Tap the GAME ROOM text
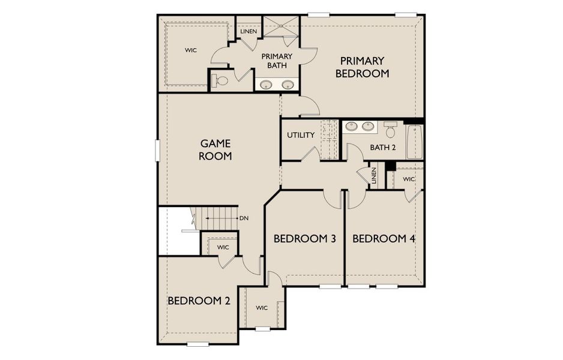pyautogui.click(x=215, y=149)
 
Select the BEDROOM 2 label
pyautogui.click(x=199, y=301)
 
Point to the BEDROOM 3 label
pyautogui.click(x=304, y=239)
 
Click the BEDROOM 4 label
pyautogui.click(x=384, y=239)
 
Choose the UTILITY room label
pyautogui.click(x=301, y=135)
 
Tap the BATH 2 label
pyautogui.click(x=383, y=147)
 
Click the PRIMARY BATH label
pyautogui.click(x=277, y=61)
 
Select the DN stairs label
pyautogui.click(x=244, y=218)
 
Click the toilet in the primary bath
pyautogui.click(x=220, y=80)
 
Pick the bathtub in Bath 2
pyautogui.click(x=415, y=142)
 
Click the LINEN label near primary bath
pyautogui.click(x=249, y=31)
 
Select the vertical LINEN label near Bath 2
pyautogui.click(x=374, y=176)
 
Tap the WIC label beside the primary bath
pyautogui.click(x=191, y=50)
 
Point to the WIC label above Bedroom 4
pyautogui.click(x=409, y=179)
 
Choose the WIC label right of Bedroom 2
pyautogui.click(x=262, y=308)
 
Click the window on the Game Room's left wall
pyautogui.click(x=157, y=150)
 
